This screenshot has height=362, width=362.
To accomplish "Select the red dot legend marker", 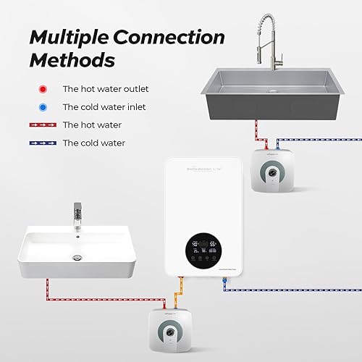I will pyautogui.click(x=44, y=89).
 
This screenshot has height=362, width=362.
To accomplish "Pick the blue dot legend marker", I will pyautogui.click(x=44, y=107).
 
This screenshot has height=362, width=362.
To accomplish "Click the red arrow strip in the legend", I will pyautogui.click(x=44, y=125).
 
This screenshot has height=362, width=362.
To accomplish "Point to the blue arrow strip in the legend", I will pyautogui.click(x=44, y=143).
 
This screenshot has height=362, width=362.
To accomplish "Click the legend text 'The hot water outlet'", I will pyautogui.click(x=105, y=89).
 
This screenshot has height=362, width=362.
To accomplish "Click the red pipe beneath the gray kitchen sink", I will pyautogui.click(x=256, y=135).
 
